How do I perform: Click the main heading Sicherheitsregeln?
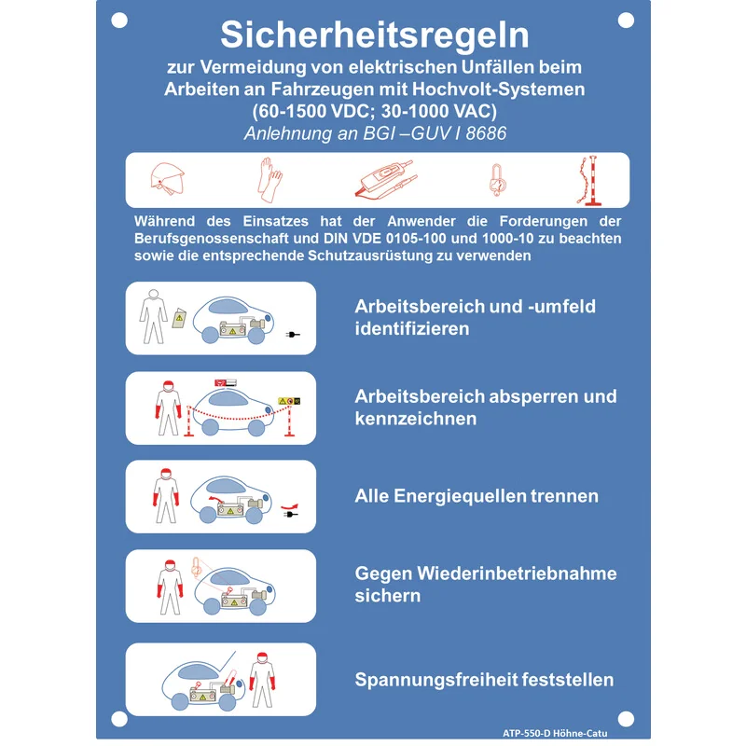(375, 35)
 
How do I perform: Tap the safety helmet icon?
(167, 179)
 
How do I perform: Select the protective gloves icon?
(269, 180)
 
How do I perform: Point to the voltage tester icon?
(386, 178)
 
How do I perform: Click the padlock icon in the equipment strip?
(497, 180)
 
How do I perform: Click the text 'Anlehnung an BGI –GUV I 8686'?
(375, 133)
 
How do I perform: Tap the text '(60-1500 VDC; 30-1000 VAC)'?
(375, 111)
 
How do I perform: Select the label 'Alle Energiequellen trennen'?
(477, 496)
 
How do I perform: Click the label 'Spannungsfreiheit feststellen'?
(484, 680)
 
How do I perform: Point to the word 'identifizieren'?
(412, 328)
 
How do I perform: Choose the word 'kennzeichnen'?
(415, 419)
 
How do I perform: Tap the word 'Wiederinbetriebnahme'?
(517, 573)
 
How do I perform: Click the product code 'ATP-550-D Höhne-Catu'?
(555, 733)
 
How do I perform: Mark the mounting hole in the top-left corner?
(119, 21)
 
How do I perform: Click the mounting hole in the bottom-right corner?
(626, 719)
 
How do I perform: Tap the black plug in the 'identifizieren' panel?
(293, 335)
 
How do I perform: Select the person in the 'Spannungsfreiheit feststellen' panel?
(262, 680)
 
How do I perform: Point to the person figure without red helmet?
(153, 316)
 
